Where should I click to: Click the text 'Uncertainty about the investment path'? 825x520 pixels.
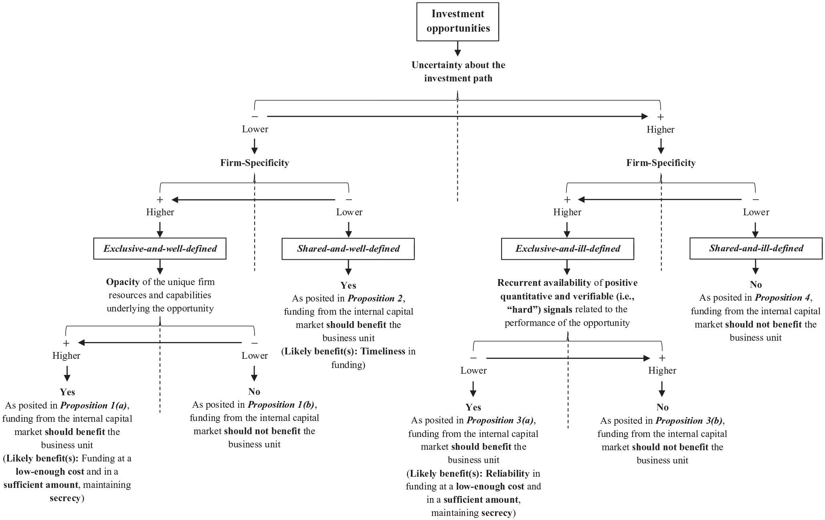click(x=458, y=71)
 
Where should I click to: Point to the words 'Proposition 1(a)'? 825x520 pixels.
click(x=94, y=405)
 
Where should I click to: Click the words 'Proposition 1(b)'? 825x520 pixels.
click(x=281, y=405)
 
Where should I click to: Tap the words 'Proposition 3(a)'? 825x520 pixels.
click(x=500, y=421)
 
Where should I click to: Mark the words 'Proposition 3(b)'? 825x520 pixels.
click(x=689, y=421)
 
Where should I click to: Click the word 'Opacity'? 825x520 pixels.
click(x=123, y=282)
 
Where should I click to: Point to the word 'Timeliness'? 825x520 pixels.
click(x=383, y=351)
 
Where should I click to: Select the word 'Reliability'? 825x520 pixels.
click(x=508, y=473)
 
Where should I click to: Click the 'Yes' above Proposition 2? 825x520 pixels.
click(x=348, y=285)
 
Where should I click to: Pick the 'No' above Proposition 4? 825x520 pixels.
click(x=756, y=284)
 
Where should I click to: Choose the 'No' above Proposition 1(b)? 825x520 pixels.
click(x=254, y=391)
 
